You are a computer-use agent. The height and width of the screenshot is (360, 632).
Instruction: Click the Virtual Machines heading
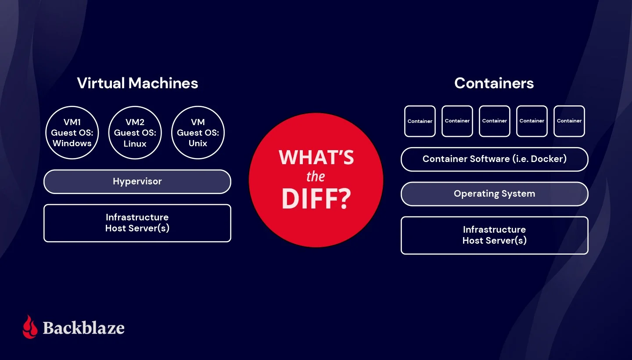137,83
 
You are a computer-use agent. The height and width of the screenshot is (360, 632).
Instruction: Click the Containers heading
494,83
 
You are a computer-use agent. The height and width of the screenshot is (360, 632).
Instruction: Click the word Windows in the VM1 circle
72,143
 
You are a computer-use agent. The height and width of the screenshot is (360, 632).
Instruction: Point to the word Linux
135,144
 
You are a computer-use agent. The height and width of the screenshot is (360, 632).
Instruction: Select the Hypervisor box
137,182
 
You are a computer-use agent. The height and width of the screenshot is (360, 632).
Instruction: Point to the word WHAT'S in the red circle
316,157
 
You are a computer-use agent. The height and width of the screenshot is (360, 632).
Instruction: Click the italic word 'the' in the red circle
316,176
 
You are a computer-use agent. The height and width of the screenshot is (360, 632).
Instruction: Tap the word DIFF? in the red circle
316,198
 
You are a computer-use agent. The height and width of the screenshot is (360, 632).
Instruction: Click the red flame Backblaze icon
30,327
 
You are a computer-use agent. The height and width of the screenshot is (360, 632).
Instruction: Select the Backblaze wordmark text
83,328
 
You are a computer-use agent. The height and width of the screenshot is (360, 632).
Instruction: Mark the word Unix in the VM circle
198,143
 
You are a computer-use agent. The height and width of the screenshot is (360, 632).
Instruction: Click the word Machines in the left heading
163,83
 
